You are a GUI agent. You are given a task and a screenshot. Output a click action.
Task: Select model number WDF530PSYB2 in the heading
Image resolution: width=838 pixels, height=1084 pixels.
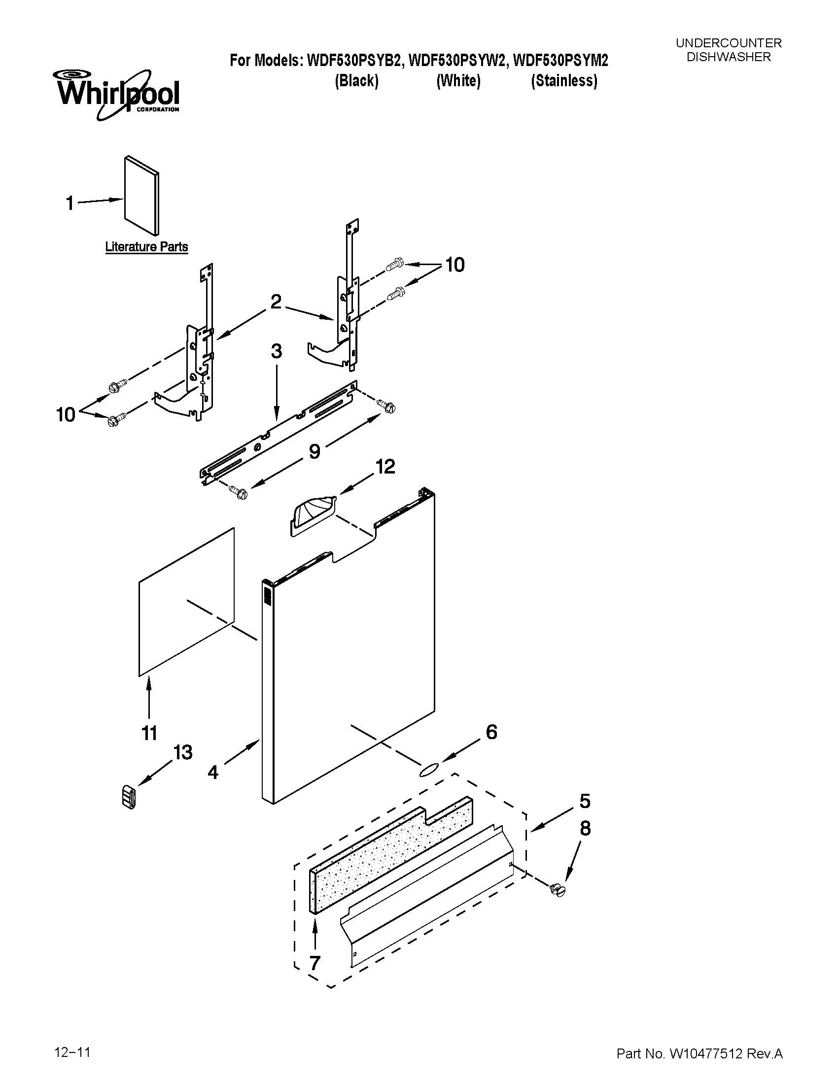click(355, 61)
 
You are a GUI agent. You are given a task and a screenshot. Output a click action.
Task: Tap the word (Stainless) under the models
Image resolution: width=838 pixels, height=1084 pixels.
click(564, 81)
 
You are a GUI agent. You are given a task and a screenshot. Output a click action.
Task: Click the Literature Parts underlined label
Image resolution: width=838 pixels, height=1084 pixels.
click(146, 247)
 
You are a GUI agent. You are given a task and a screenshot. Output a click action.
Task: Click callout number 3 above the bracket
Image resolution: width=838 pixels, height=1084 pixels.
click(276, 351)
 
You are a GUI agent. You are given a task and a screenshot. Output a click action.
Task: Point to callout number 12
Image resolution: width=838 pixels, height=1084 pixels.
click(385, 467)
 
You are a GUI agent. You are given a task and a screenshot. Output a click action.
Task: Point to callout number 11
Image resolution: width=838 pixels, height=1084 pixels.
click(149, 733)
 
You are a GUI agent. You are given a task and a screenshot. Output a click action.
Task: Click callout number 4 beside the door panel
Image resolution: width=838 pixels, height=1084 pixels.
click(213, 772)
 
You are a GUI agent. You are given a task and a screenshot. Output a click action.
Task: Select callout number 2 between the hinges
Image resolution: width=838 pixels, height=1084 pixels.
click(276, 301)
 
